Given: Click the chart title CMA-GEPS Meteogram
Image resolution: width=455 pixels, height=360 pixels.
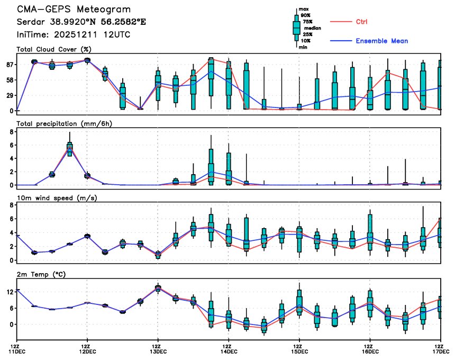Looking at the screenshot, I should (x=74, y=10).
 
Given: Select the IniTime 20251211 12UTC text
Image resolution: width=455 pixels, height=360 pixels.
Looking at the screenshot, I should (x=74, y=34).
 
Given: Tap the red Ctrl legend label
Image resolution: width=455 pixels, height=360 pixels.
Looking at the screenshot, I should (x=362, y=22).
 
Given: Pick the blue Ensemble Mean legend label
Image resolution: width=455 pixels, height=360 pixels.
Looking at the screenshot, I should (x=381, y=41).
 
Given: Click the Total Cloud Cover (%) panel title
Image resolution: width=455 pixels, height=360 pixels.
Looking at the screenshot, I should (x=54, y=49).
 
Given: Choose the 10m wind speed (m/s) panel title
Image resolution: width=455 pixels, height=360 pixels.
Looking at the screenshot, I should (x=57, y=198).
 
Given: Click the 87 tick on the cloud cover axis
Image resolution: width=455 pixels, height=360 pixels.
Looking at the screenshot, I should (x=9, y=65).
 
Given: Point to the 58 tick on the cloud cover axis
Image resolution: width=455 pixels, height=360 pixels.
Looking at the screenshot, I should (x=9, y=80).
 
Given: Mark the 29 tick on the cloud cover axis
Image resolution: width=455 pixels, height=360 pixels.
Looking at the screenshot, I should (x=9, y=95).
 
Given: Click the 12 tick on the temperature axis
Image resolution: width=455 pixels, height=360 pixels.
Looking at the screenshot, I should (x=9, y=292).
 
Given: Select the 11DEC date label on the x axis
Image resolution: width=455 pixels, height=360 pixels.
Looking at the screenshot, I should (x=17, y=352).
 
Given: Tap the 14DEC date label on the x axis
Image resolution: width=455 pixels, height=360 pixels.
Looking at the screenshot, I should (x=229, y=352).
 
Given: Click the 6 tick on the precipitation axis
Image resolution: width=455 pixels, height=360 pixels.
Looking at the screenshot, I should (x=11, y=145).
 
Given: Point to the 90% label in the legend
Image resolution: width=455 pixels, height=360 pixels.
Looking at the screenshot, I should (x=306, y=15).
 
